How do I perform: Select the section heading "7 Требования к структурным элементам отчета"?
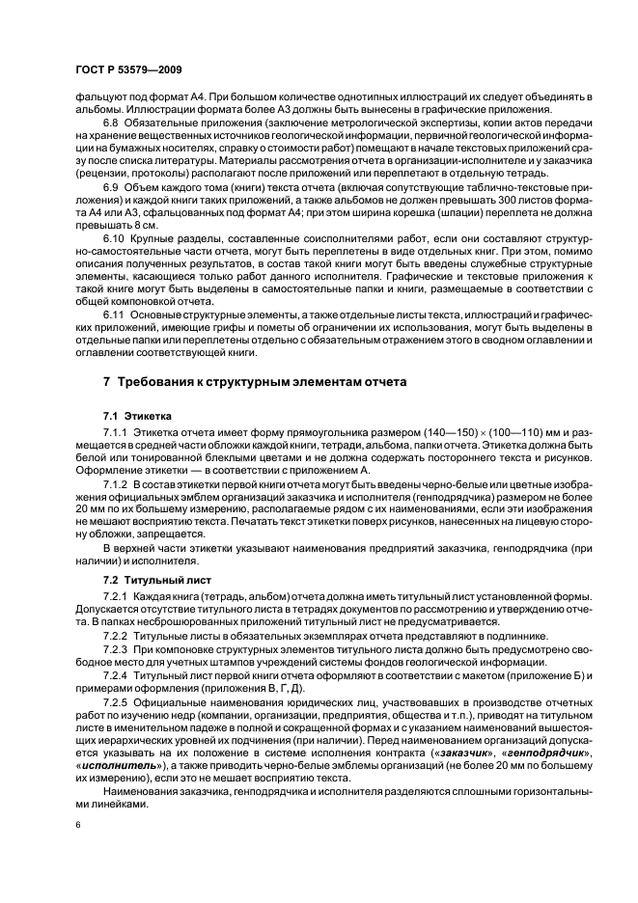pos(255,382)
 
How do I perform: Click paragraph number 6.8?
pos(113,124)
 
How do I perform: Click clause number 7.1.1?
pos(118,435)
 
